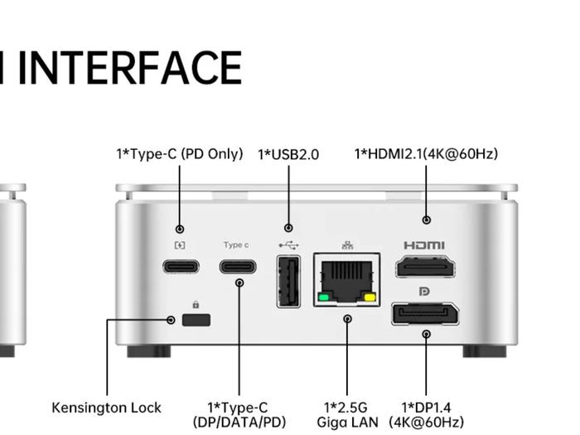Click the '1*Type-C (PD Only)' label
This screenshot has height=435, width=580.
click(x=179, y=154)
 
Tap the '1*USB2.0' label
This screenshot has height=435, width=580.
click(x=288, y=154)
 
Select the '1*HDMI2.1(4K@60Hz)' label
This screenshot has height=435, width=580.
click(x=426, y=154)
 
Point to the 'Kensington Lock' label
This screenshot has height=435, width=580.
click(x=106, y=408)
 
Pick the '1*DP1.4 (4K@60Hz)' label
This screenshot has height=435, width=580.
click(x=426, y=414)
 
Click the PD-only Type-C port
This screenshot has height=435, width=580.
click(x=180, y=267)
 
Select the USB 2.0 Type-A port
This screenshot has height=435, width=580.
click(x=288, y=282)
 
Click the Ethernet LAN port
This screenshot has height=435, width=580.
click(x=346, y=278)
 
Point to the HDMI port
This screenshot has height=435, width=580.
click(x=425, y=267)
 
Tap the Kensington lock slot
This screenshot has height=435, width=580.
click(x=196, y=320)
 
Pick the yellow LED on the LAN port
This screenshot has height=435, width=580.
click(x=369, y=297)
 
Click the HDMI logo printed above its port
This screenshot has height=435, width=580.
click(x=424, y=245)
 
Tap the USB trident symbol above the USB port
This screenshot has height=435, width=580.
click(x=288, y=245)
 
